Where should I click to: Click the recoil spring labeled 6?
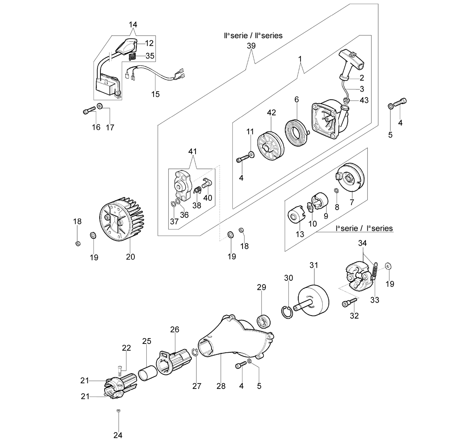coord(296,133)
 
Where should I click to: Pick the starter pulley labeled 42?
coord(270,146)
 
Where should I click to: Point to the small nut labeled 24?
coord(118,411)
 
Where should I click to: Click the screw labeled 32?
coord(349,302)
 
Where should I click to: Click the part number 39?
coord(251,45)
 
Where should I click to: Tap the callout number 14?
coord(133,24)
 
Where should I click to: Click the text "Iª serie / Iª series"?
coord(364,228)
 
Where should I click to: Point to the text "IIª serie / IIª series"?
coord(253,36)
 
